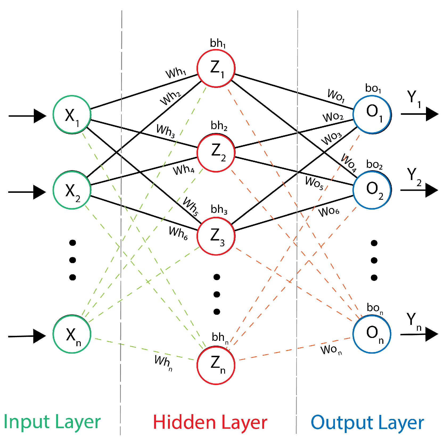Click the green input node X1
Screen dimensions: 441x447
(72, 115)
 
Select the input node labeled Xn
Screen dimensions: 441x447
(72, 334)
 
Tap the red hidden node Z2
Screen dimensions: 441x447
(216, 153)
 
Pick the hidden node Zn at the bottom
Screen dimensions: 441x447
(216, 365)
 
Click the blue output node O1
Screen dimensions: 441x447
(372, 115)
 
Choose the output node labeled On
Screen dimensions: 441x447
(372, 334)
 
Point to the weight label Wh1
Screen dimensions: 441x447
(176, 73)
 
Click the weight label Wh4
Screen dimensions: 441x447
(184, 170)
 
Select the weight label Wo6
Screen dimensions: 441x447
(329, 212)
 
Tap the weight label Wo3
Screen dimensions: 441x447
(331, 138)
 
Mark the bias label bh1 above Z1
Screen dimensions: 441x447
(218, 43)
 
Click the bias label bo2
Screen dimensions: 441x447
(374, 165)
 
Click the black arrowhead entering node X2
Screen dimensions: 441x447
(39, 192)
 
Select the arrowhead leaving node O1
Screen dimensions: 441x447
(432, 114)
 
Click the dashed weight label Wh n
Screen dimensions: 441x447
(163, 362)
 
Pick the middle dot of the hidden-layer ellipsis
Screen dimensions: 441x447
(217, 294)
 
